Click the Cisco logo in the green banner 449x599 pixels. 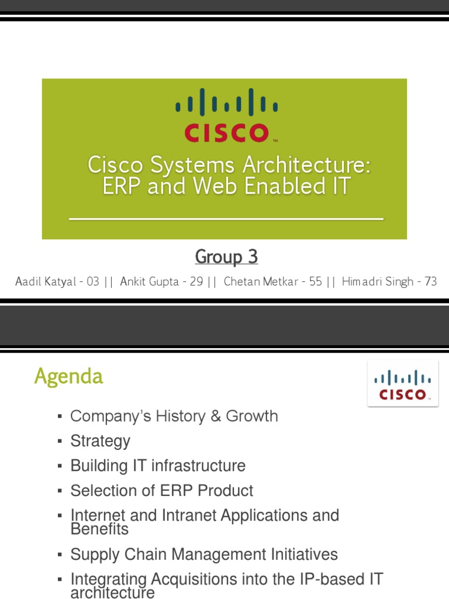(227, 115)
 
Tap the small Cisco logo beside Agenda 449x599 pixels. (402, 384)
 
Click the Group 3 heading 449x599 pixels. (226, 256)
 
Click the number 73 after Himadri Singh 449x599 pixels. (430, 282)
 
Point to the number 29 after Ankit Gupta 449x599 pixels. (196, 282)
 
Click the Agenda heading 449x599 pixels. (68, 377)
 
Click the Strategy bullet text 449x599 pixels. (100, 441)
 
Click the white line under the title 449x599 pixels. (226, 219)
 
